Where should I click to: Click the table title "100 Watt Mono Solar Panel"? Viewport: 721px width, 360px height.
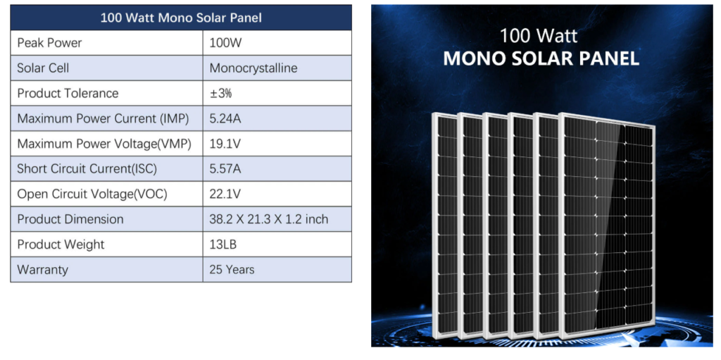point(181,18)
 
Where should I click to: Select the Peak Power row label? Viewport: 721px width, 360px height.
point(49,43)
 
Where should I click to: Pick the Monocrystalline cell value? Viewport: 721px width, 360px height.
point(253,68)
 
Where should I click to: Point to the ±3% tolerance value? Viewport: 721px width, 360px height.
point(220,94)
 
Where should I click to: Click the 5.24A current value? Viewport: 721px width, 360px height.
point(225,119)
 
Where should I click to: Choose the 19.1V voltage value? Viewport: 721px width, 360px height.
point(225,144)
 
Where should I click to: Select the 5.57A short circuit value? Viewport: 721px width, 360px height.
point(225,169)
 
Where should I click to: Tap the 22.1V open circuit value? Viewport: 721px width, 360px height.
point(225,194)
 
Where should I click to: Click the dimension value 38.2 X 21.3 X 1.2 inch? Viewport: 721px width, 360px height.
point(268,219)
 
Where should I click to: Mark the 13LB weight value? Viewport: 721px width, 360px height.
point(223,244)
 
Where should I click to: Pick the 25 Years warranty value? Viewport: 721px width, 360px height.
point(232,269)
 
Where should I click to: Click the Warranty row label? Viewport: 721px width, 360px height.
point(42,270)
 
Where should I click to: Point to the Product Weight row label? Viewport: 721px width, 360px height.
point(61,245)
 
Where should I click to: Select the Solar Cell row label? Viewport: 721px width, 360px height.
point(43,68)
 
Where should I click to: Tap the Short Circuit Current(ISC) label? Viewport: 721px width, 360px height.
point(87,169)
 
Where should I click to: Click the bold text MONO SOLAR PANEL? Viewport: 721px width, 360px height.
point(541,58)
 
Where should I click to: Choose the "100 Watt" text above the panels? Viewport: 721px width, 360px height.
point(539,35)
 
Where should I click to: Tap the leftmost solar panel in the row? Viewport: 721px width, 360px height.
point(446,225)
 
